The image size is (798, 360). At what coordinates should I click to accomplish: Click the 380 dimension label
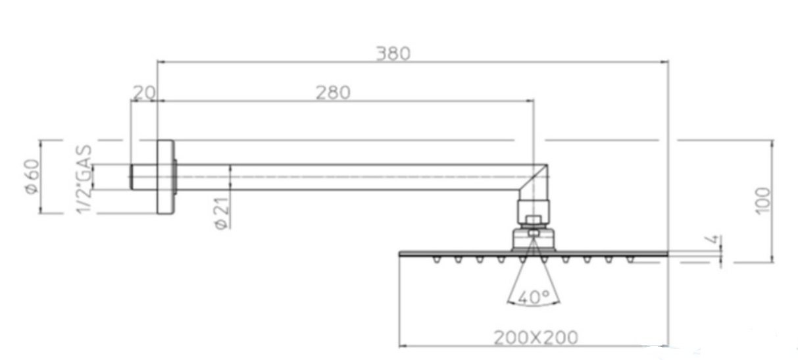393,54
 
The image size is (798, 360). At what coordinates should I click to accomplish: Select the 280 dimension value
333,93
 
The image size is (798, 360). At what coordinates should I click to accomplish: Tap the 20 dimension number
144,93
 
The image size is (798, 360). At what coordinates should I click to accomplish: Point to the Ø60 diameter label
32,176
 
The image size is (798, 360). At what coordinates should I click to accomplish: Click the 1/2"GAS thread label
84,179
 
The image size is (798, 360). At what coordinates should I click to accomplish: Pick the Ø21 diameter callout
221,213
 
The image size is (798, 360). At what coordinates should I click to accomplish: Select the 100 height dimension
762,201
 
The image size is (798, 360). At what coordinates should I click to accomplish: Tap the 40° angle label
534,297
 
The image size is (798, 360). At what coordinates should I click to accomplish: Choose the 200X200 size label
536,338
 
